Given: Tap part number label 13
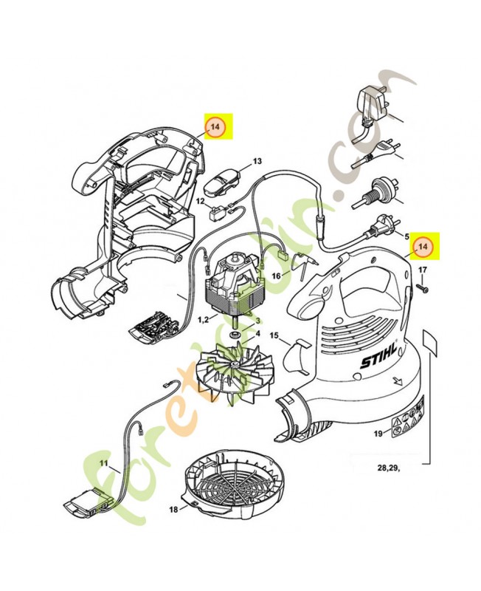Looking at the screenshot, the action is click(x=257, y=161).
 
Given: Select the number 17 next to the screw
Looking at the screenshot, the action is click(x=423, y=270).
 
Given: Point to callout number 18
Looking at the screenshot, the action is click(x=173, y=510).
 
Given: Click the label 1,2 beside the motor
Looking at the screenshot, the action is click(x=204, y=320).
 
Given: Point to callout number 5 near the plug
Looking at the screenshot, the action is click(x=406, y=236).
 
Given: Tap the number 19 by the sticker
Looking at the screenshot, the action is click(x=378, y=434).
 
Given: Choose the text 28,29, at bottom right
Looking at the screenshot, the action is click(x=389, y=468).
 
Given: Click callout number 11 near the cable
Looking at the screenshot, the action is click(x=104, y=462).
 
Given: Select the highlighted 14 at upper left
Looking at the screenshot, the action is click(x=215, y=126).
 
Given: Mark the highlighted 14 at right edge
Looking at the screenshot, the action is click(x=423, y=247).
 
